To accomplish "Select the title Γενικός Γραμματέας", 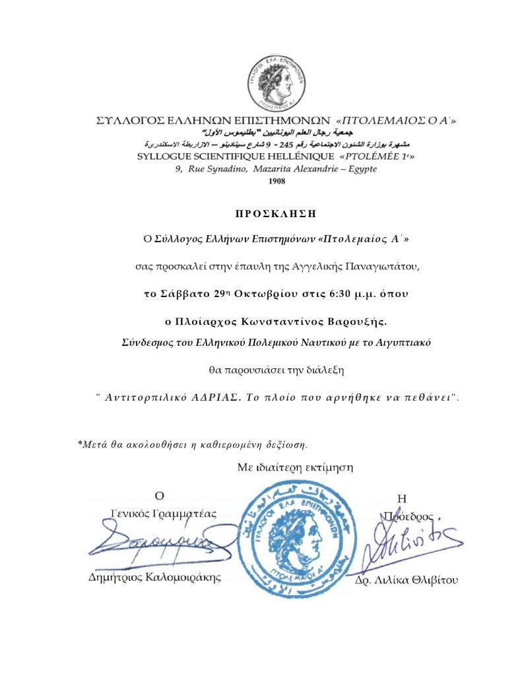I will tap(163, 513).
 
